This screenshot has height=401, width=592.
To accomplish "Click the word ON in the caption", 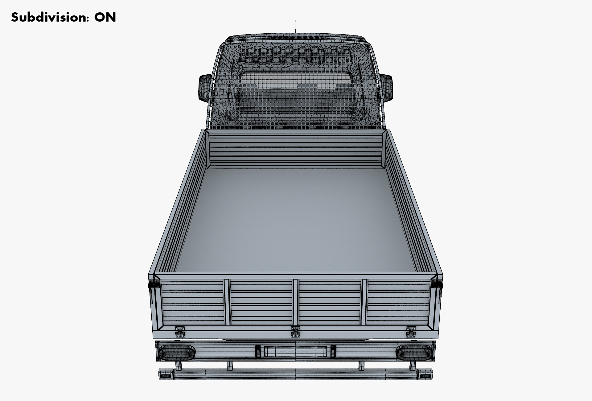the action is point(105,17).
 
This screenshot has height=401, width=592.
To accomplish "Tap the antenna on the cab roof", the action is point(296,27).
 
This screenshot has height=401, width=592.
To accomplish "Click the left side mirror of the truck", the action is point(205,88).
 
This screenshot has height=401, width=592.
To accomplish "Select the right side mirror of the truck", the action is point(387,88).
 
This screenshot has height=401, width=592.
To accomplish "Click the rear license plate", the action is point(296,352).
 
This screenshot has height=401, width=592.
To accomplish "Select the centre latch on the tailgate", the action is point(296,331).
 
